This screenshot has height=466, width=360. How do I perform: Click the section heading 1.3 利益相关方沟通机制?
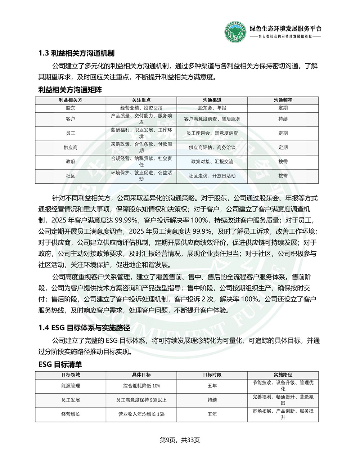coord(76,53)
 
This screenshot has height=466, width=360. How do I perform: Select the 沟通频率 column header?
coord(283,100)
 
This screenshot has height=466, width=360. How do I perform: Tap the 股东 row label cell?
coord(71,108)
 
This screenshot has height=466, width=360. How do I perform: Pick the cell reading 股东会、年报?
coord(212,108)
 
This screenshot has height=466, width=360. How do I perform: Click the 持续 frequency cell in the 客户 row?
coord(283,119)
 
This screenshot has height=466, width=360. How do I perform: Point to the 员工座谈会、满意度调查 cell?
coord(212,133)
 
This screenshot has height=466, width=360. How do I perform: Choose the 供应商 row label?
coord(71,147)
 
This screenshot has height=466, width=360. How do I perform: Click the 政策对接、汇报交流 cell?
coord(212,162)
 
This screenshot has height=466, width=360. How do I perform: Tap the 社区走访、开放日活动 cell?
coord(212,176)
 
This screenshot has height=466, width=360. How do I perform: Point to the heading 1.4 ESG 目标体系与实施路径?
coord(84,328)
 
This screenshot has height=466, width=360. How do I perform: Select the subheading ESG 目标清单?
coord(60,364)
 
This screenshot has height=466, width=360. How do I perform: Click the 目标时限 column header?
coord(212,375)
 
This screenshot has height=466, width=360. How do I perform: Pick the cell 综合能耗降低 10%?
coord(141,386)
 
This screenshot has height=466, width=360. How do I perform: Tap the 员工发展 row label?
coord(71,400)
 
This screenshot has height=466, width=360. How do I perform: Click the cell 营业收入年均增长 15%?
coord(141,414)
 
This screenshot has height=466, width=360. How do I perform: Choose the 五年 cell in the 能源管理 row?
coord(212,386)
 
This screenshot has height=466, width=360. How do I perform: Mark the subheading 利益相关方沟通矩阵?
coord(70,90)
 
